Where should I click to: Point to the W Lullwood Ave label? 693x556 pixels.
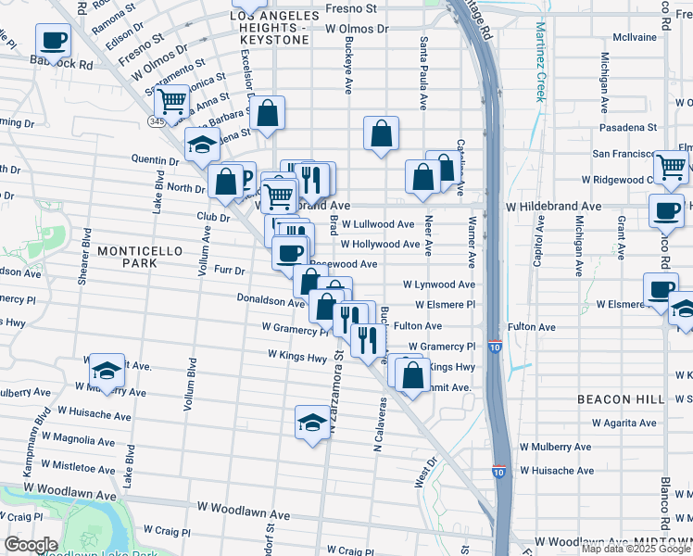(x=377, y=224)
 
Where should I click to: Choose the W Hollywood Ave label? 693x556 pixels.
(x=380, y=245)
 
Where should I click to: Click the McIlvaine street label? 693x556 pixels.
(x=635, y=38)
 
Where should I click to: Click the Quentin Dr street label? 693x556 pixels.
(x=155, y=159)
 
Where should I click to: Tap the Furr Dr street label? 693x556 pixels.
(x=229, y=272)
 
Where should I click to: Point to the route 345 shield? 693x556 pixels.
(x=157, y=121)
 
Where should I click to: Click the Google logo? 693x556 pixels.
(x=31, y=545)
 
